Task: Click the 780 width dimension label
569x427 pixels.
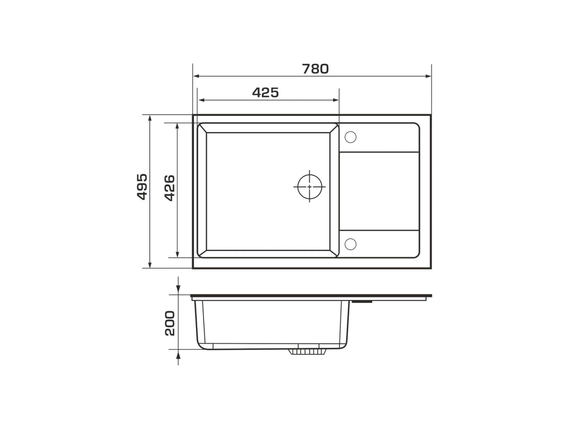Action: [315, 69]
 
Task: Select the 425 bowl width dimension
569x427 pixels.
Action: [266, 93]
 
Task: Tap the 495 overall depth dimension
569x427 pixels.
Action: [142, 187]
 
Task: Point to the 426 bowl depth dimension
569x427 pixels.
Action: [170, 188]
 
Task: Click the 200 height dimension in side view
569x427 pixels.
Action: [170, 323]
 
